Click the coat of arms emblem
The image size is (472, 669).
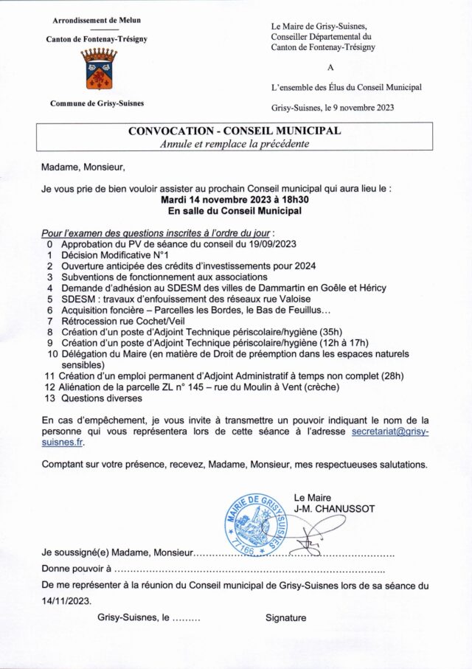tap(97, 69)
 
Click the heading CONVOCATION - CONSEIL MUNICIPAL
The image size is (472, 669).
tap(235, 131)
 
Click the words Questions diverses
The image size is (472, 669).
tap(101, 398)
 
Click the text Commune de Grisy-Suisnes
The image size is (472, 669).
tap(97, 103)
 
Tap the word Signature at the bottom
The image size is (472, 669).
tap(286, 618)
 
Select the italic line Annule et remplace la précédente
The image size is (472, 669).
tap(235, 144)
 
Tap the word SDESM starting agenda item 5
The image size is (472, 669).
tap(77, 299)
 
